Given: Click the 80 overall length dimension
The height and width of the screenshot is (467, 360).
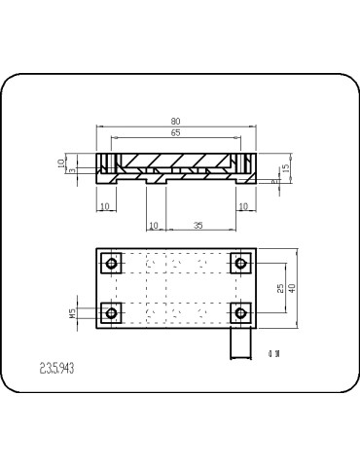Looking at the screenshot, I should pos(176,122).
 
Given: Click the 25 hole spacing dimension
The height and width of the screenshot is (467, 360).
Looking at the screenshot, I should pos(280,288).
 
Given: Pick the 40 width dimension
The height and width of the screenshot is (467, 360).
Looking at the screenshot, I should pos(291,288).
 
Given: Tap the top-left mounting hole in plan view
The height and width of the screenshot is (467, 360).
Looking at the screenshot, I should pos(112,264).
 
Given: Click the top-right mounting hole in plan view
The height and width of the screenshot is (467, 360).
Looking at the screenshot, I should pos(239,264).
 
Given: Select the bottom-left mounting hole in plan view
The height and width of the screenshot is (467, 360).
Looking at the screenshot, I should pos(112,312).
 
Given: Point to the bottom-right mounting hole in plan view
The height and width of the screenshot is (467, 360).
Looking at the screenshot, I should pos(239,312).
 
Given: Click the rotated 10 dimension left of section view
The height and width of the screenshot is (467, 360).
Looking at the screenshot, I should pos(60,163).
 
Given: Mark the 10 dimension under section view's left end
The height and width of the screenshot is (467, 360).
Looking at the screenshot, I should pos(105,206).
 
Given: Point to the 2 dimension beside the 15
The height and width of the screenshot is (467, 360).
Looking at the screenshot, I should pos(274,180).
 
